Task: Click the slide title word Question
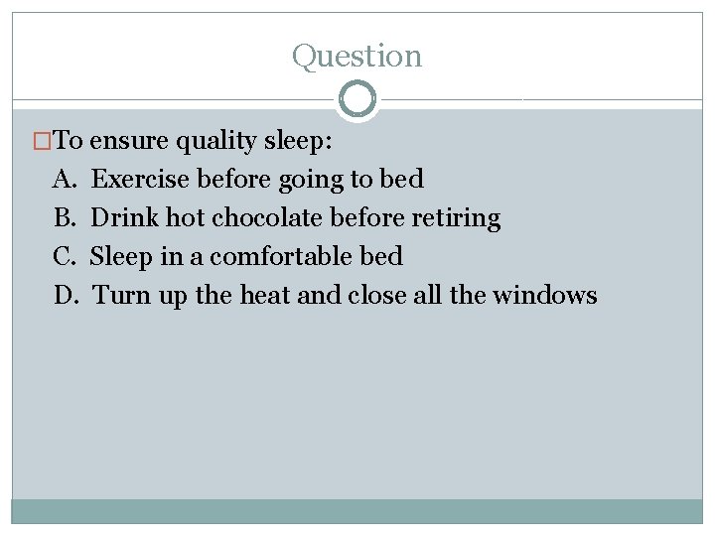(x=357, y=57)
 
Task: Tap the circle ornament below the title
(x=357, y=99)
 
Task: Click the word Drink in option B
(x=124, y=218)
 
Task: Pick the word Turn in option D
(x=118, y=296)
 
